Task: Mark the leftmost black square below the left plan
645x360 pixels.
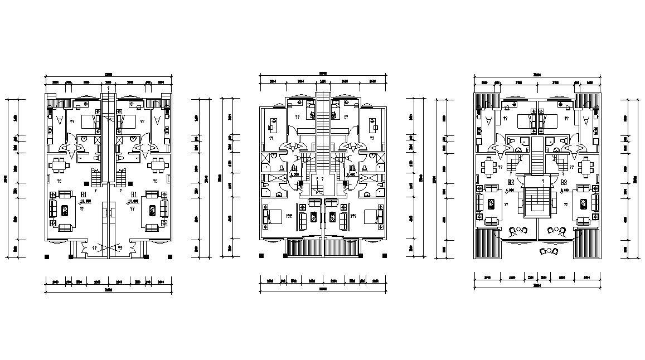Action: click(x=46, y=256)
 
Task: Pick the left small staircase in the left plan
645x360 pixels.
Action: click(x=96, y=178)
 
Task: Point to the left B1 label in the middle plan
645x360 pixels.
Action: click(x=294, y=168)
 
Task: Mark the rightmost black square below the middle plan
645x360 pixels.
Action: click(x=385, y=256)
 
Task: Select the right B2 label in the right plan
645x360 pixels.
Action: click(x=564, y=182)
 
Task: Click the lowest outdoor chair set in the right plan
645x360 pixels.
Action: click(x=549, y=251)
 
